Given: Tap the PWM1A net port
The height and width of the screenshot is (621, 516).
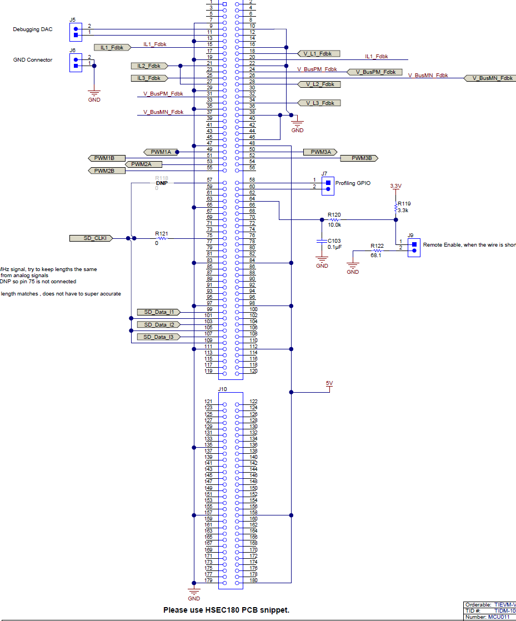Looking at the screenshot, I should [x=161, y=152].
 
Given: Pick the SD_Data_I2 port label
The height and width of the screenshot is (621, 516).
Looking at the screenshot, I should [x=159, y=324].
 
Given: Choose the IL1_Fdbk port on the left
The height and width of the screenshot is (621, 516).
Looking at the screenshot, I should [x=112, y=48].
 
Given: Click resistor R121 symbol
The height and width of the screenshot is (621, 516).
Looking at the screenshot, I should [x=162, y=238].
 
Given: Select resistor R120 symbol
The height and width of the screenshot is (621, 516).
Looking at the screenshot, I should [x=334, y=219].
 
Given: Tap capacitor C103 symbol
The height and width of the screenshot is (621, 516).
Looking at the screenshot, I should [x=322, y=241].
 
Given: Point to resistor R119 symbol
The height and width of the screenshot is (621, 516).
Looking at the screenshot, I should [x=395, y=207].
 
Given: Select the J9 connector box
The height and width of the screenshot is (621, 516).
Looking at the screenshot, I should [x=413, y=247].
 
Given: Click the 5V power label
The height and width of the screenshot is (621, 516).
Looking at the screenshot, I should [x=329, y=383].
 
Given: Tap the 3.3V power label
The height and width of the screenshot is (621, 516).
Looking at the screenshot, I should [x=395, y=186].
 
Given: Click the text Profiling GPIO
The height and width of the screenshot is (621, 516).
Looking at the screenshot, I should [x=353, y=183].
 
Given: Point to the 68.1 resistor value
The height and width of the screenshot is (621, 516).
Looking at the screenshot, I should [x=377, y=256].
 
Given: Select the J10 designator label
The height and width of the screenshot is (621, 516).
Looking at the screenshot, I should [x=223, y=389].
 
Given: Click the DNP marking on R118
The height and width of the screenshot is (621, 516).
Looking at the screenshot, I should [x=162, y=183].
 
